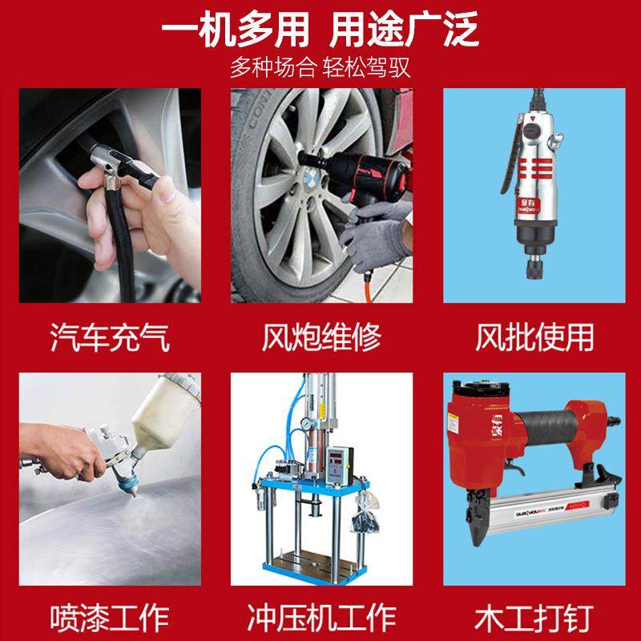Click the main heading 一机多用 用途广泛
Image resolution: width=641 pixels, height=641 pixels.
coord(320,31)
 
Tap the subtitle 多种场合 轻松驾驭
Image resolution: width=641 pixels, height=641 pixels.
coord(320,67)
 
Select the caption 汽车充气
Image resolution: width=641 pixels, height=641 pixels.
coord(110,337)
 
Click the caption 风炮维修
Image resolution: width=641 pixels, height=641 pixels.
coord(320,337)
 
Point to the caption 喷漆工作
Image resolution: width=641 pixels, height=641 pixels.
coord(110,618)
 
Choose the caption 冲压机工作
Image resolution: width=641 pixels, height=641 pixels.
coord(320,618)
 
